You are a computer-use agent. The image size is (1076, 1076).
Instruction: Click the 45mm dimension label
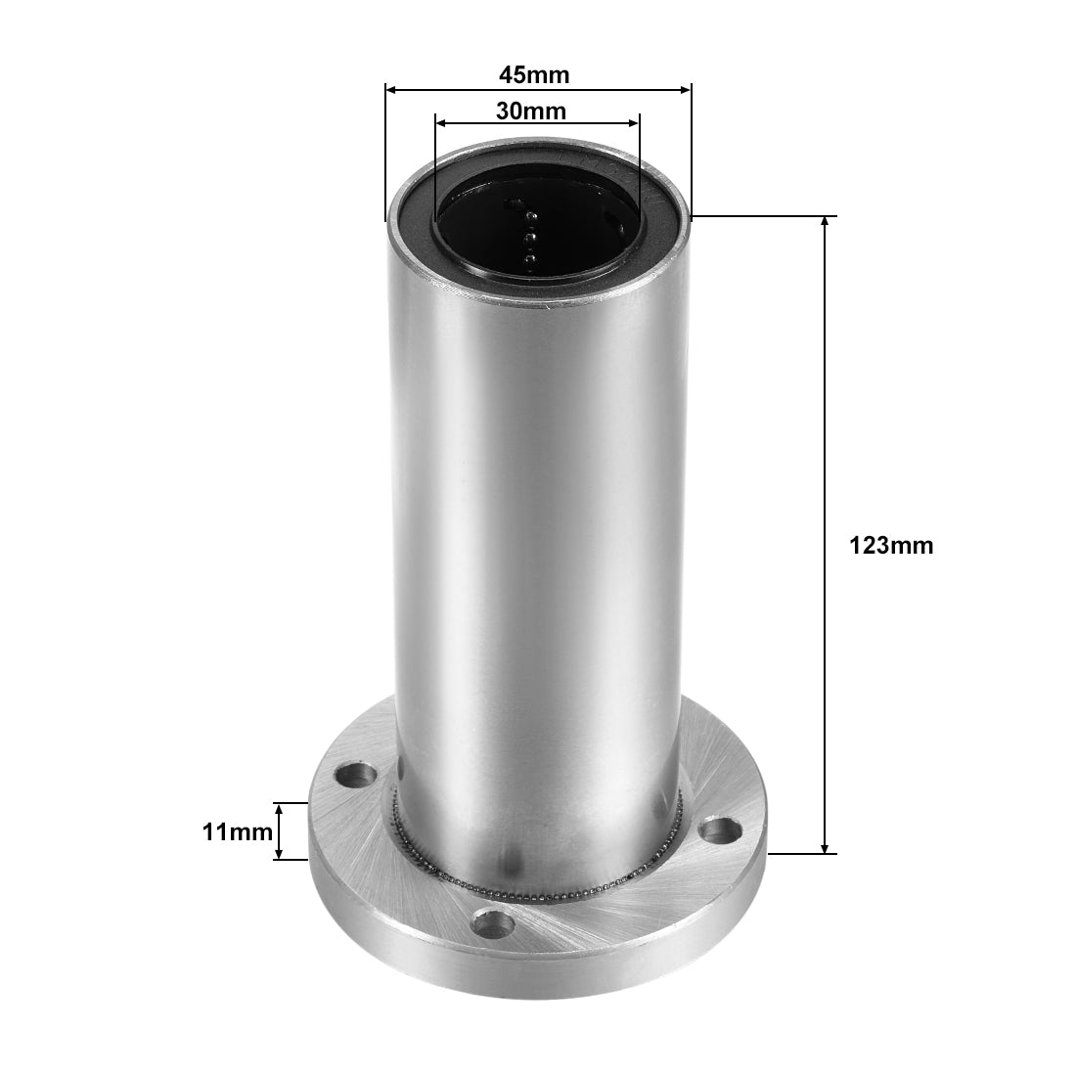[x=534, y=74]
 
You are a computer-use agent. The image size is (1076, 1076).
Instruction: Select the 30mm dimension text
[x=531, y=111]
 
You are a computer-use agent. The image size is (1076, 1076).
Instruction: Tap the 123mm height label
[x=891, y=546]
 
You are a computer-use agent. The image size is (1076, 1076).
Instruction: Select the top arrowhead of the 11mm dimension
[x=279, y=809]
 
